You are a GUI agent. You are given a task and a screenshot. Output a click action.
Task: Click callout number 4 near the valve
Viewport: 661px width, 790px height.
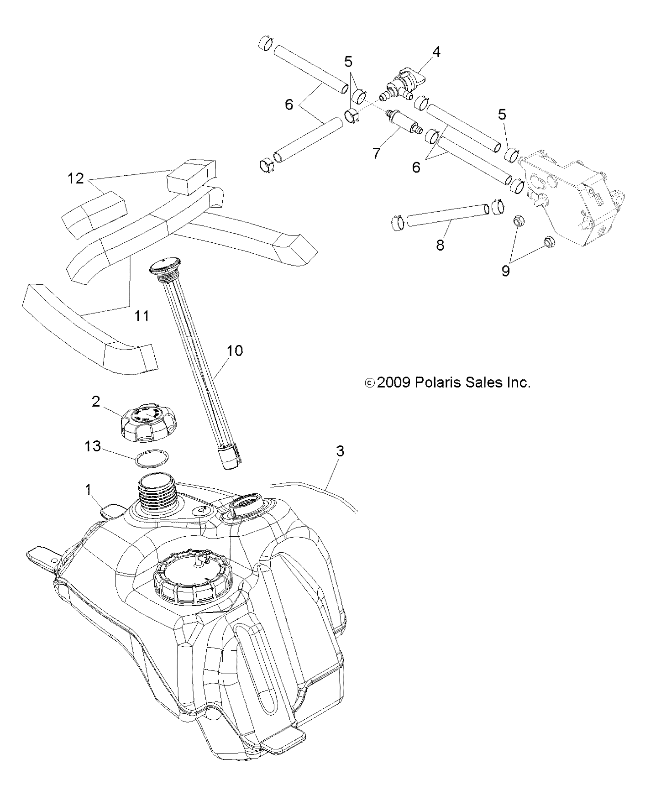point(436,52)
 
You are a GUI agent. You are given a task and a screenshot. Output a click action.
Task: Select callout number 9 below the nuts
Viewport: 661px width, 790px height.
point(505,271)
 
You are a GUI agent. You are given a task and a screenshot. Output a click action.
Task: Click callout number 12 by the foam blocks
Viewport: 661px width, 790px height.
point(76,178)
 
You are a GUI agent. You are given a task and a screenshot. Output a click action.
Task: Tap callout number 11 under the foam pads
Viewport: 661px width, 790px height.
point(142,315)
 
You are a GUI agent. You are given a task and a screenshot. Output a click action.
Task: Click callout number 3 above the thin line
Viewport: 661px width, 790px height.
point(340,451)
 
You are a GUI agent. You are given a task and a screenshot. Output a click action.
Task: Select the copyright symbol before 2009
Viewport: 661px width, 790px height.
point(370,383)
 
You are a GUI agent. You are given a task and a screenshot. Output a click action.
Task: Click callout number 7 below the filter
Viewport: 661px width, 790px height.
point(376,153)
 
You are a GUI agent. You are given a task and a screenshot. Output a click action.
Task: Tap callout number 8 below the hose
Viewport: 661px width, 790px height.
point(440,245)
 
